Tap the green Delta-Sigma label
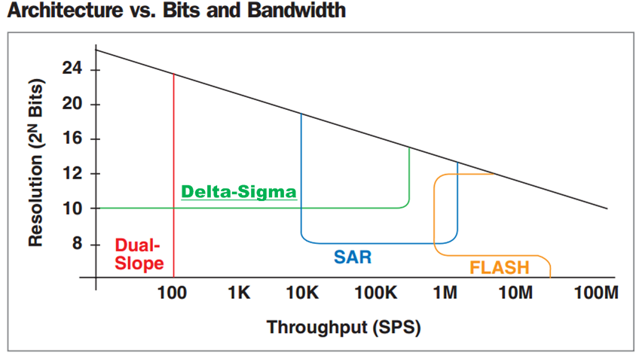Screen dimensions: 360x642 239,191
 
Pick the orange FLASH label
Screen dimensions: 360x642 499,267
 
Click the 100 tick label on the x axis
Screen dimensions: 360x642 173,292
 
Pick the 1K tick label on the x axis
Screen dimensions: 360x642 238,292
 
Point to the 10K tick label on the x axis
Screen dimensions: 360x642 302,292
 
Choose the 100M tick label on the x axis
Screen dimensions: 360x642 595,292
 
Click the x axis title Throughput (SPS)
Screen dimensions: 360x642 343,328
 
